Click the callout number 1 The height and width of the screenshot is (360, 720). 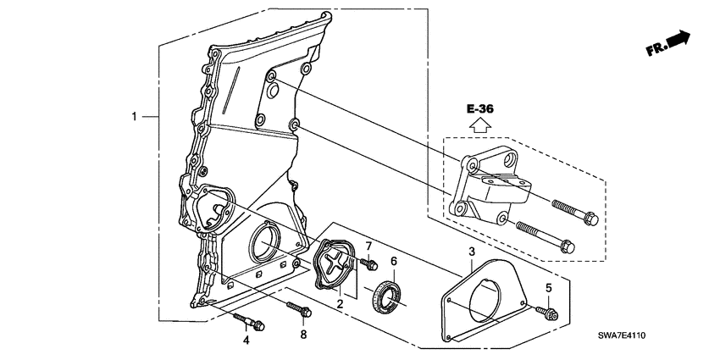(134, 115)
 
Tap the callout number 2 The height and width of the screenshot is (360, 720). (339, 302)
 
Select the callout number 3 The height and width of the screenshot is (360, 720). (471, 252)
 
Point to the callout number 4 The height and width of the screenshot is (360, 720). (246, 341)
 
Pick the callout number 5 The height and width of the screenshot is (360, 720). (548, 288)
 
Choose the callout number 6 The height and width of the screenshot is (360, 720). (393, 261)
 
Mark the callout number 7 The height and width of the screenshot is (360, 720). (368, 246)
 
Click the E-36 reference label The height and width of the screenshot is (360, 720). (479, 109)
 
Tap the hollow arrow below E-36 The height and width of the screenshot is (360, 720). (479, 126)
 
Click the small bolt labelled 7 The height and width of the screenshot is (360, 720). (368, 265)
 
